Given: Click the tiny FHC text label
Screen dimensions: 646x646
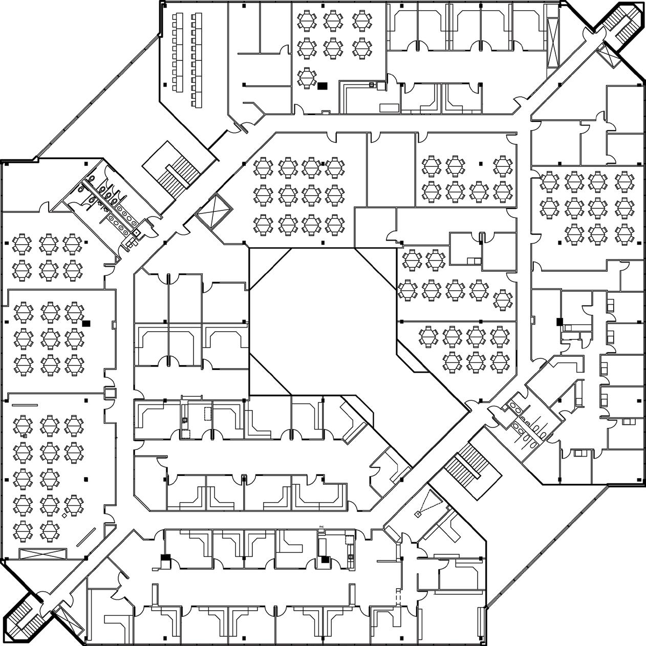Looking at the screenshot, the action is click(x=322, y=526).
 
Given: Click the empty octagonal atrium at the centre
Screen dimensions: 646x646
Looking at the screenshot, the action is click(x=322, y=322).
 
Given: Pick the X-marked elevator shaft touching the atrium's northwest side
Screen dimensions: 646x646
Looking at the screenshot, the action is click(x=214, y=211).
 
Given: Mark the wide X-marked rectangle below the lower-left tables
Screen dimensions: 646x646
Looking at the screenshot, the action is click(x=43, y=553).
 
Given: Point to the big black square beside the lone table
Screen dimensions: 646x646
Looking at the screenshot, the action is click(x=322, y=86).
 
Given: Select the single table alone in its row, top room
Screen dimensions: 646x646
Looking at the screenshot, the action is click(x=306, y=78).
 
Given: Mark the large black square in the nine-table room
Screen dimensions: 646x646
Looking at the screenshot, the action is click(x=86, y=323).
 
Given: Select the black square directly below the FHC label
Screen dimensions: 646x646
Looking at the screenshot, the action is click(x=325, y=559).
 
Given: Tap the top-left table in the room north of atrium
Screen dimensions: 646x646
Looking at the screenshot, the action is click(x=263, y=167).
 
